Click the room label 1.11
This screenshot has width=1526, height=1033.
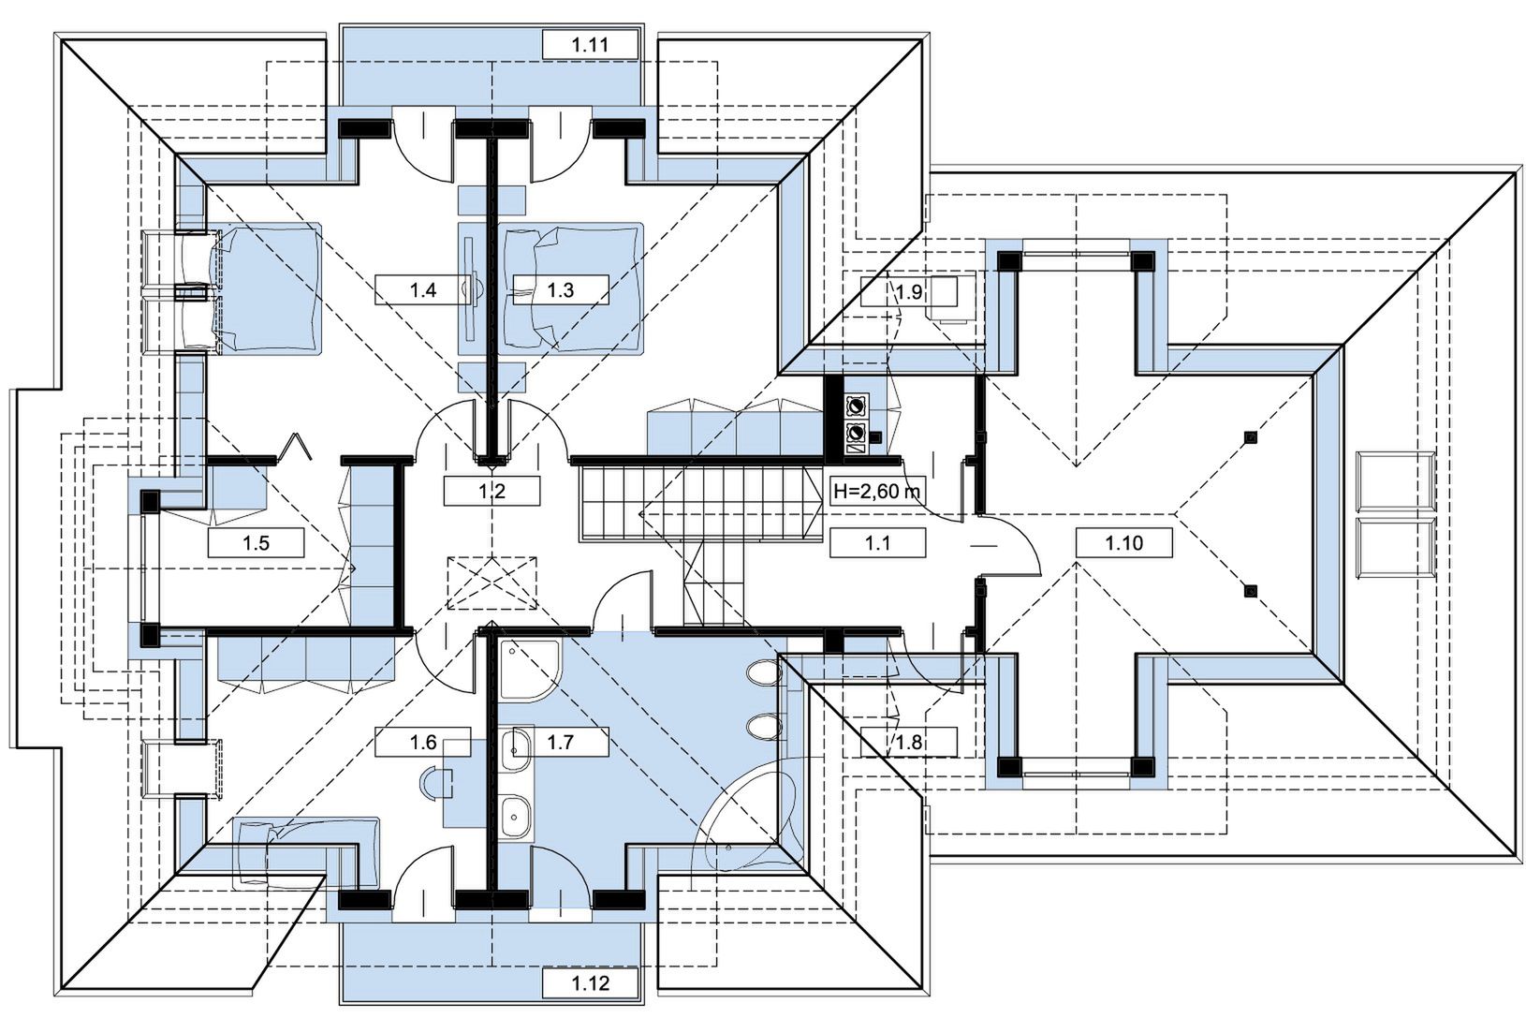pos(591,44)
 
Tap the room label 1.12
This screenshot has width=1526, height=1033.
pos(591,983)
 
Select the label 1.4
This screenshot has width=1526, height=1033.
pos(423,290)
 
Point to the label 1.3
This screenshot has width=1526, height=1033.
pos(561,290)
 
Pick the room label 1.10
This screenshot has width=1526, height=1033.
pos(1123,543)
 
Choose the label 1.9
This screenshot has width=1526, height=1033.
pos(908,292)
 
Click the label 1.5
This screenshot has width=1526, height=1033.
pos(256,543)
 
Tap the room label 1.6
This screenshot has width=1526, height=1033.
pos(423,743)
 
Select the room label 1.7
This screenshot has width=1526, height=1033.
pos(561,743)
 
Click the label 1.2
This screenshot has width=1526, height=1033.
pos(492,491)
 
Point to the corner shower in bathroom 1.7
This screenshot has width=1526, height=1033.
pos(529,671)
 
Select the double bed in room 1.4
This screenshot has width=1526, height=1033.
pos(267,288)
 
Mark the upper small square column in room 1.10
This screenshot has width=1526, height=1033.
pos(1251,436)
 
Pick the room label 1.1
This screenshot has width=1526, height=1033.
pos(877,543)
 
